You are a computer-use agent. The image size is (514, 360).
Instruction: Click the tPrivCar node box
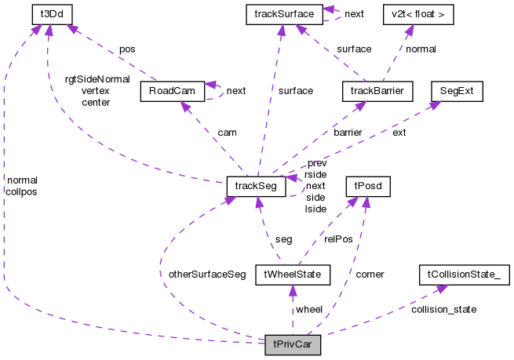(293, 345)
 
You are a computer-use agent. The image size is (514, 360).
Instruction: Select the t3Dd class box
(47, 14)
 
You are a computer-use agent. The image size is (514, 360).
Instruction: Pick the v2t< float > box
(406, 14)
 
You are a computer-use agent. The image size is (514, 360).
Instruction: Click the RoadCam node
(173, 92)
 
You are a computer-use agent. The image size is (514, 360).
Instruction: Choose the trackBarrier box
(377, 92)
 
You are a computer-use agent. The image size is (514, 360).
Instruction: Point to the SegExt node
(457, 92)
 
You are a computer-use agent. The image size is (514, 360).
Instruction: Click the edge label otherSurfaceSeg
(207, 275)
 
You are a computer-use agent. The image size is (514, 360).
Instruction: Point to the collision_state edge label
(443, 309)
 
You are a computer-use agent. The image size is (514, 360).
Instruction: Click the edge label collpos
(21, 191)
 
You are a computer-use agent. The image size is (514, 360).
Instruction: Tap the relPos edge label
(338, 238)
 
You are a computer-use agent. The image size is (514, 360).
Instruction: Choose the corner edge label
(370, 275)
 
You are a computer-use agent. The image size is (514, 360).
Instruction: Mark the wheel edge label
(308, 310)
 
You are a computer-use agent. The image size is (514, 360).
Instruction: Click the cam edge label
(227, 133)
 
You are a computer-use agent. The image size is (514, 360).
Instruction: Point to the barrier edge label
(348, 133)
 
